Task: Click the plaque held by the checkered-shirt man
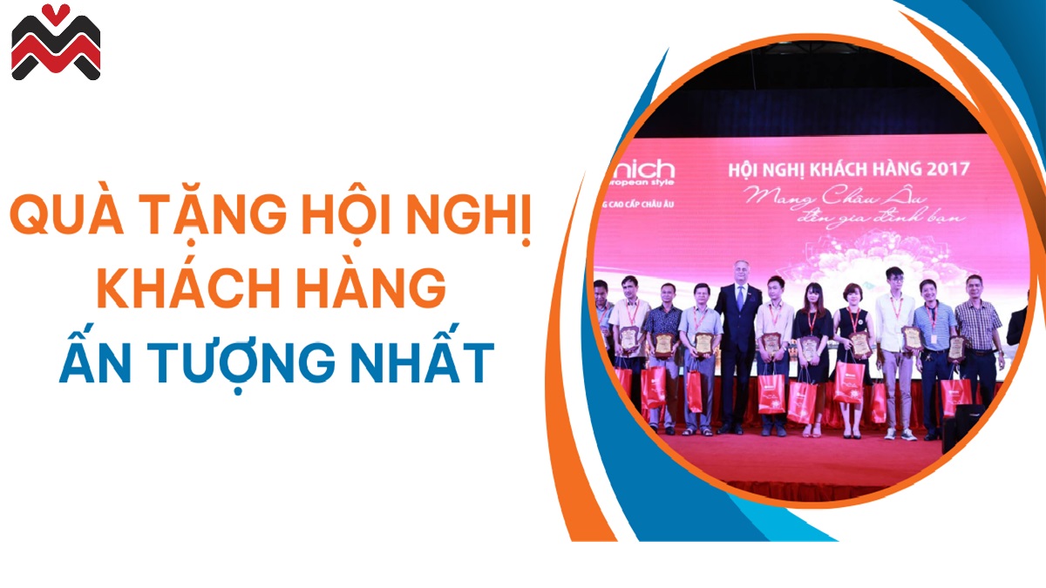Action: coord(956,348)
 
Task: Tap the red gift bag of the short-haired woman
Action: coord(848,383)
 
